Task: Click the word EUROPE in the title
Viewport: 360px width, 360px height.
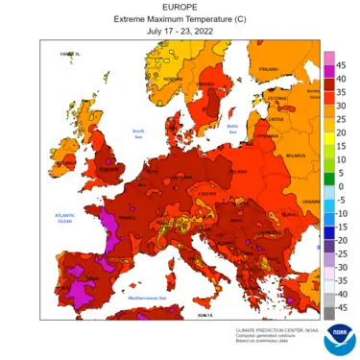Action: point(180,8)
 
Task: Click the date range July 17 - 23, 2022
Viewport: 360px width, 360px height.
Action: point(180,30)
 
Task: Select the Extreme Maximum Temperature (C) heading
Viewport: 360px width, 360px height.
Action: point(180,19)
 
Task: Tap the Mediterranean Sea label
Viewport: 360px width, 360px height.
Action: point(149,298)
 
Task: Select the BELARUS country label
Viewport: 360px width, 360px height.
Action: point(296,154)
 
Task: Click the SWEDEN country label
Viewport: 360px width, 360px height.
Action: point(205,84)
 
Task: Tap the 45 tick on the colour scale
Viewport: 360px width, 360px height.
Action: point(342,64)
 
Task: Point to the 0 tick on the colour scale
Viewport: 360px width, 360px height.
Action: point(340,186)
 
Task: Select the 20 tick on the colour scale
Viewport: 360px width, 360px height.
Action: point(342,132)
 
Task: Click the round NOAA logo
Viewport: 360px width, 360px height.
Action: point(339,340)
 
